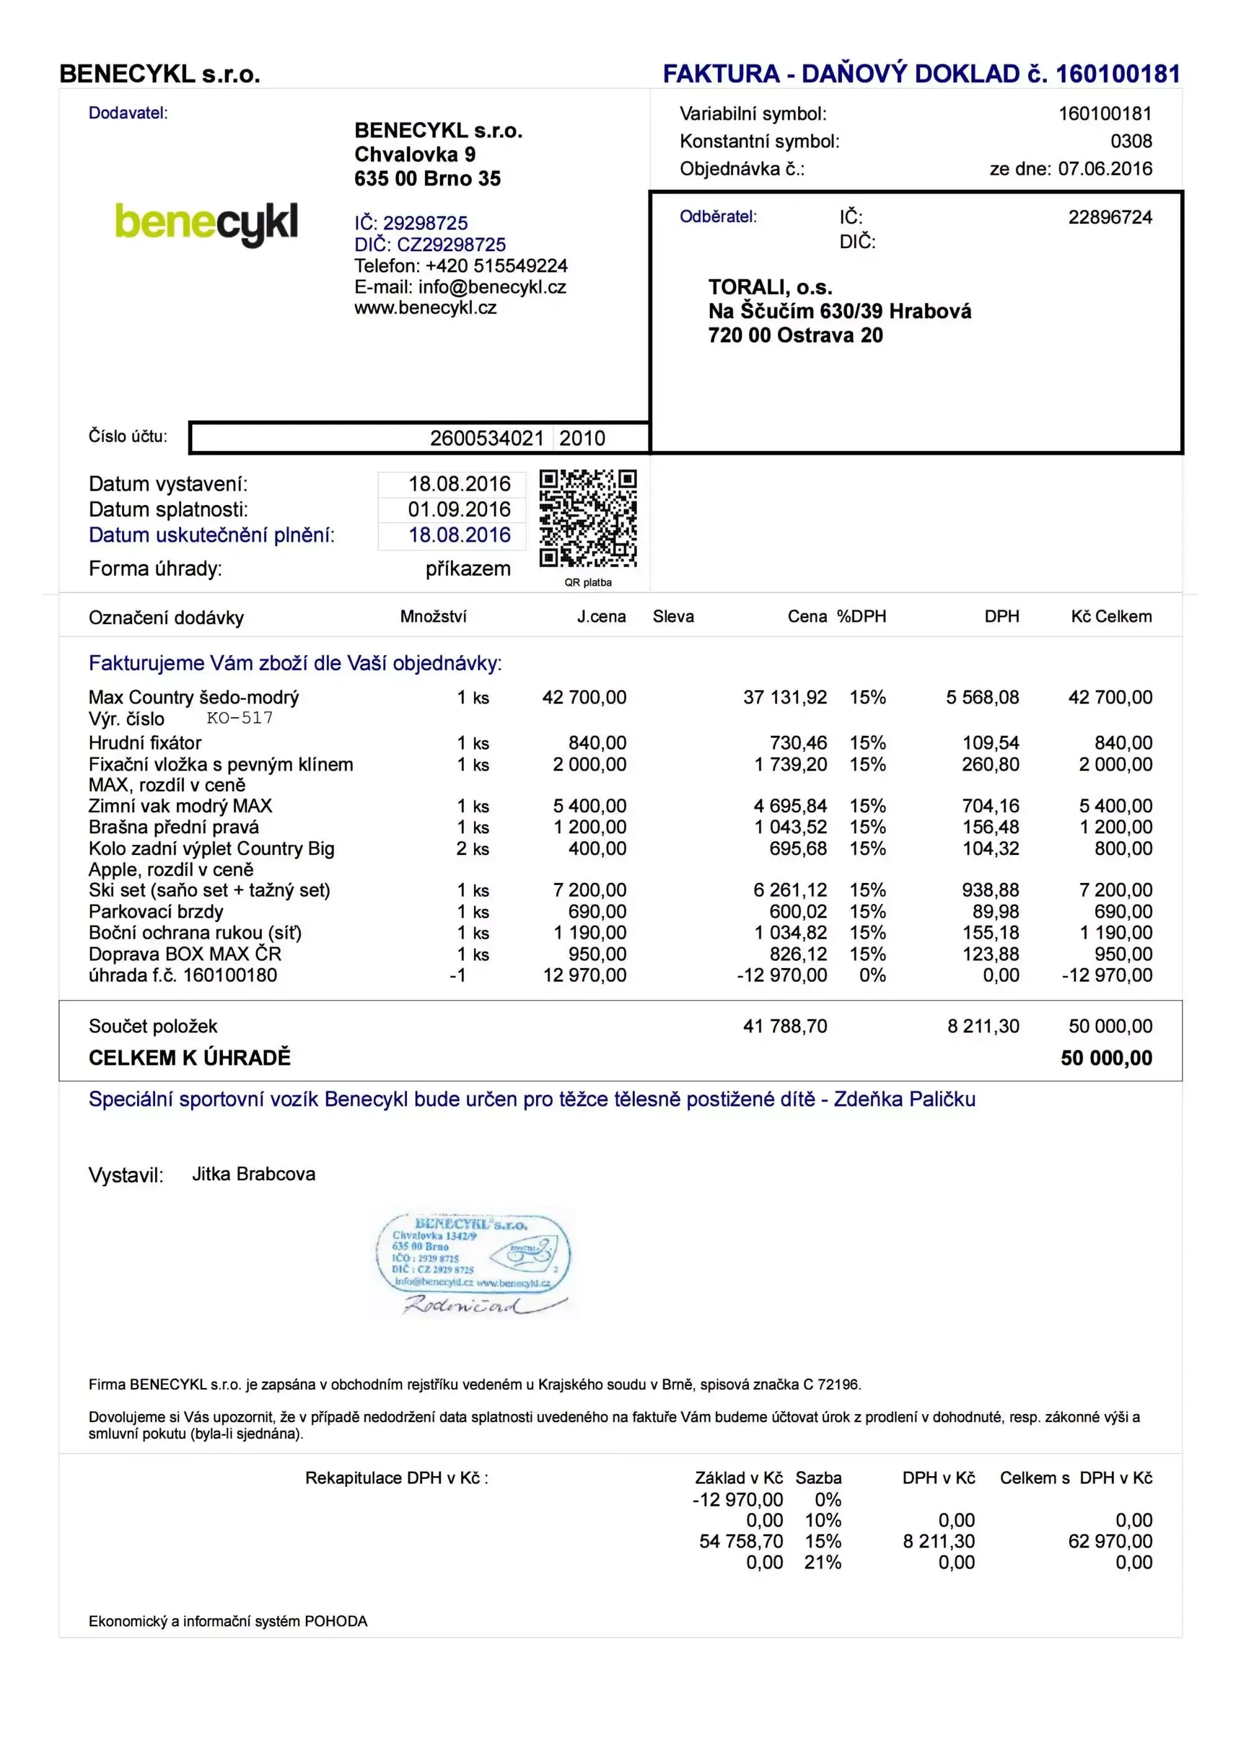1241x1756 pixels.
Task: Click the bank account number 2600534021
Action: pyautogui.click(x=486, y=438)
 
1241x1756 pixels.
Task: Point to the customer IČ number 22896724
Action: pyautogui.click(x=1109, y=217)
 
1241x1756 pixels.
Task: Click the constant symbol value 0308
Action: pyautogui.click(x=1131, y=141)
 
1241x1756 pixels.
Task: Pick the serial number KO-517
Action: pyautogui.click(x=240, y=718)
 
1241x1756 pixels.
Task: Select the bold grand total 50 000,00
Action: pyautogui.click(x=1106, y=1058)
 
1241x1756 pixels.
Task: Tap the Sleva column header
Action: pyautogui.click(x=673, y=616)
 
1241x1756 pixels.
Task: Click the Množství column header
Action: pyautogui.click(x=432, y=616)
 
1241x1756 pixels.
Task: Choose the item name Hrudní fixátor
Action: pyautogui.click(x=145, y=743)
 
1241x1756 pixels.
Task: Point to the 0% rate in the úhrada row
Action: pyautogui.click(x=872, y=975)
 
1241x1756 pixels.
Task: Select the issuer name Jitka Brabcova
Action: pyautogui.click(x=253, y=1174)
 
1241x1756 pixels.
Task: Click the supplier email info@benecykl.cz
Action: pyautogui.click(x=491, y=287)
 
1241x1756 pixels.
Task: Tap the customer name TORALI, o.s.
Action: pyautogui.click(x=770, y=287)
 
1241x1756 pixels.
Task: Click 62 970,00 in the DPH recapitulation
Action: pyautogui.click(x=1109, y=1541)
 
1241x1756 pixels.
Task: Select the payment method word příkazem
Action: pyautogui.click(x=468, y=569)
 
